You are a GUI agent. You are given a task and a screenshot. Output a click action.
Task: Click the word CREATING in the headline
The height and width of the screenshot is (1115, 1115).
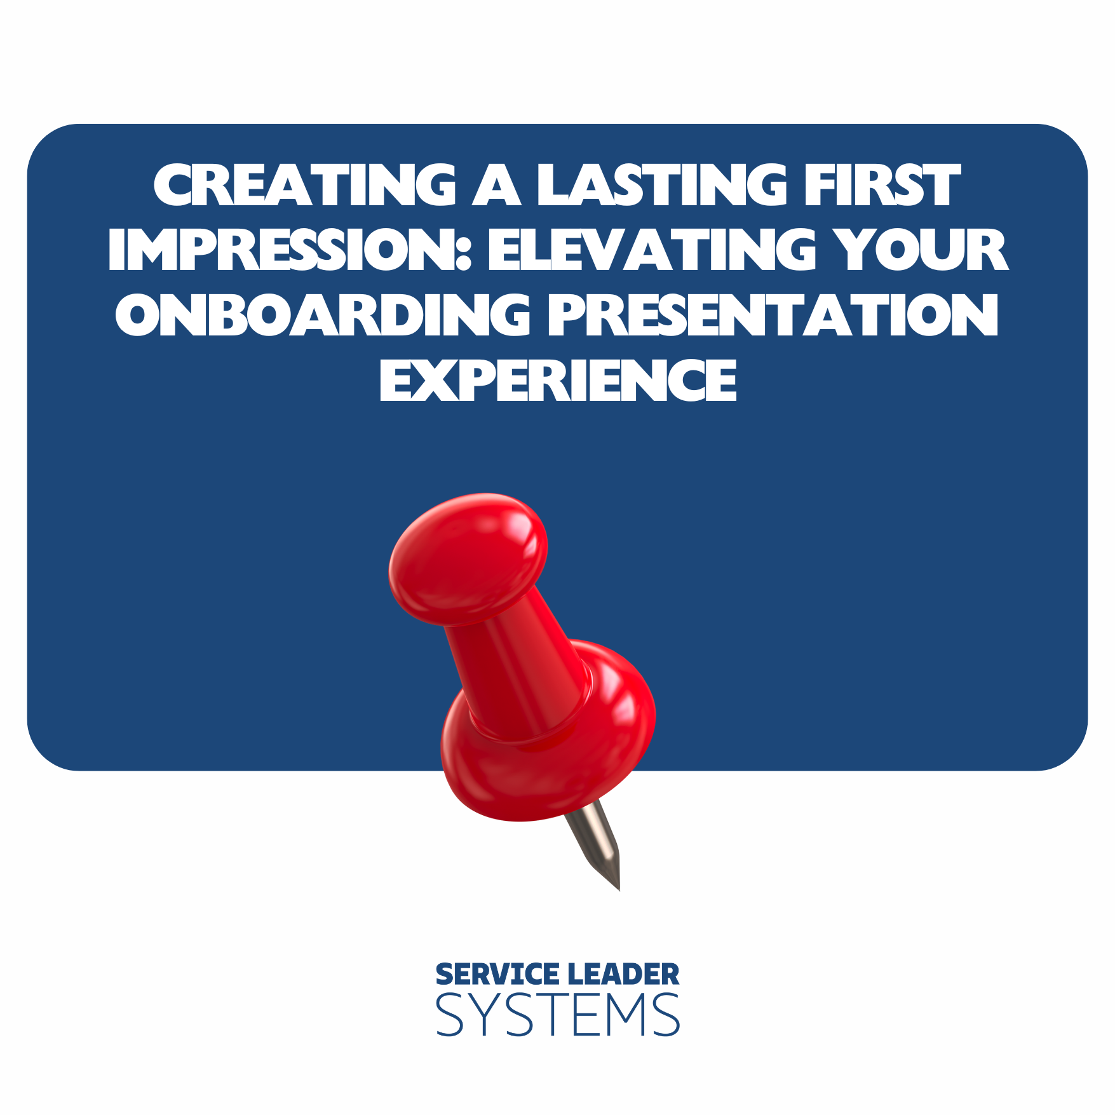point(305,185)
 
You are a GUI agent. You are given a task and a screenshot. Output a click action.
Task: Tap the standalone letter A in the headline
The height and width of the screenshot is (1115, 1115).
point(497,185)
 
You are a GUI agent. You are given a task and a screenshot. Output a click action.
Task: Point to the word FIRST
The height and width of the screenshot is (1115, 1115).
point(882,185)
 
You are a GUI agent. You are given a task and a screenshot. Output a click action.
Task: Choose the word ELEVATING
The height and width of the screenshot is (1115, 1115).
point(651,250)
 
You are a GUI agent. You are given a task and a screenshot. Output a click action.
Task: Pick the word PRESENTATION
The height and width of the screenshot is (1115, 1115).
point(773,314)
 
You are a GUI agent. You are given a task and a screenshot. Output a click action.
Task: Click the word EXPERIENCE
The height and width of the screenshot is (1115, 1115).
point(558,380)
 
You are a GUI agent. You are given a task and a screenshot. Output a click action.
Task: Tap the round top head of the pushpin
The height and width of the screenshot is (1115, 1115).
point(468,556)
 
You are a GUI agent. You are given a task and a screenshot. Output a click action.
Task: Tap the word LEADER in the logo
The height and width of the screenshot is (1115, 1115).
point(623,975)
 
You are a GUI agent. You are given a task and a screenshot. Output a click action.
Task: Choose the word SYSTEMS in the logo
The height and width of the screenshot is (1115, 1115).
point(558,1015)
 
